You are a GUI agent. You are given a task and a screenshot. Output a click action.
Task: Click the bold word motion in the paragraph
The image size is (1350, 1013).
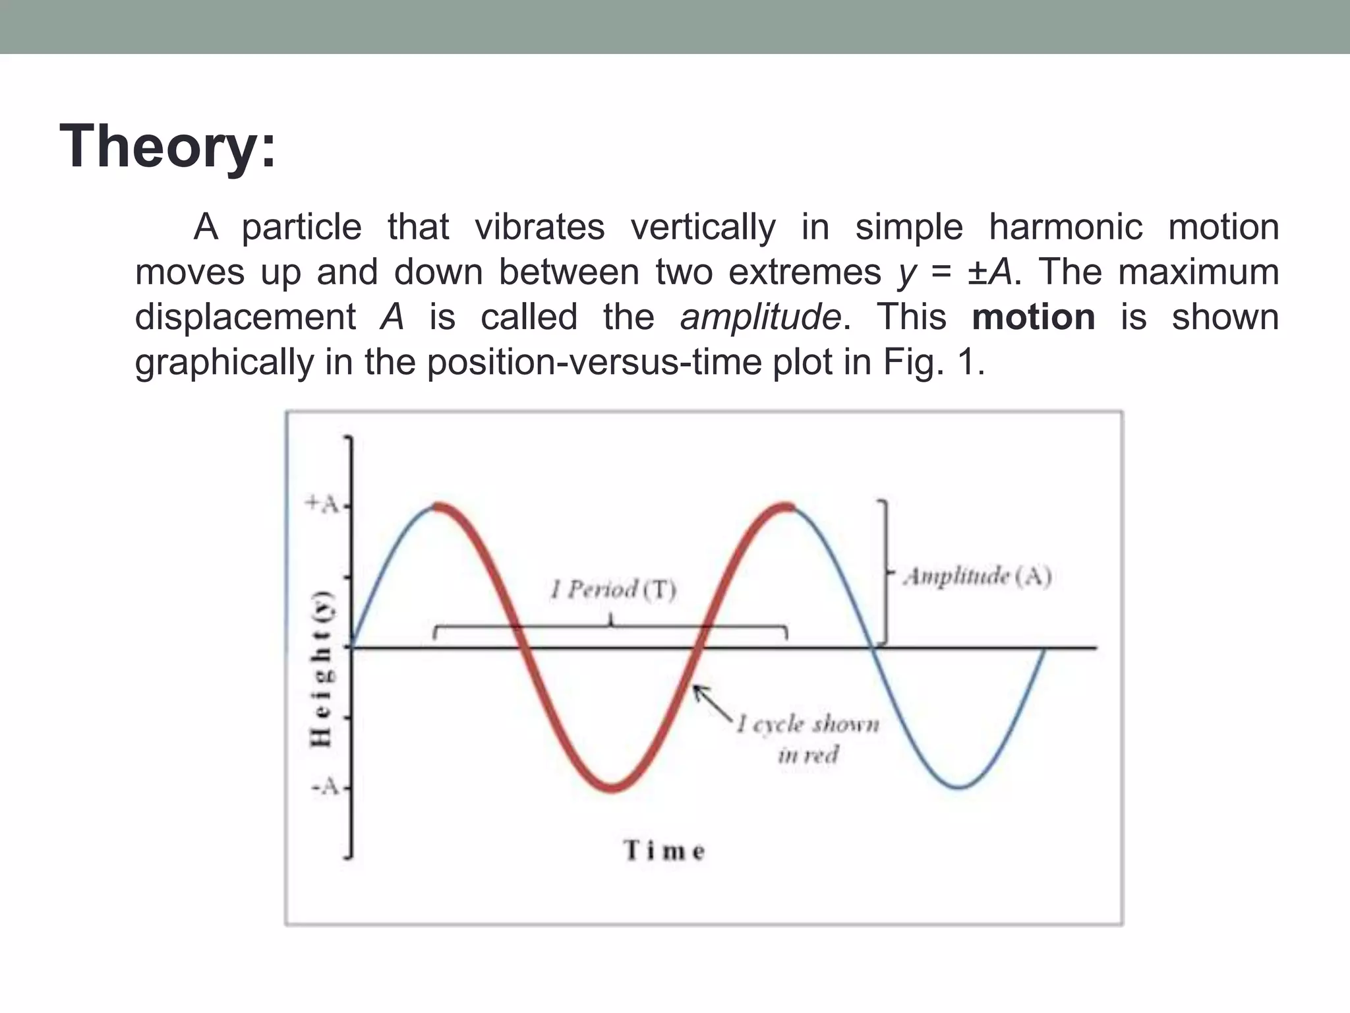[1033, 317]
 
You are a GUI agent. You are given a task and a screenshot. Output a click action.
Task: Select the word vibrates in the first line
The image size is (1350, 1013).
[539, 227]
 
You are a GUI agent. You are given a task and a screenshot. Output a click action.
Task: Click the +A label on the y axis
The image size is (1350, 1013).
[322, 505]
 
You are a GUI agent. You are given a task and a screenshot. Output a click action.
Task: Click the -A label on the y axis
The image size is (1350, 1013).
[324, 787]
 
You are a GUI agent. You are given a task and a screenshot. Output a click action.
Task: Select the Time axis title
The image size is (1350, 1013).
[664, 850]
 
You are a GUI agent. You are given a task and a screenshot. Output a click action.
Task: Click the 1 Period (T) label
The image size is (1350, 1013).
[614, 589]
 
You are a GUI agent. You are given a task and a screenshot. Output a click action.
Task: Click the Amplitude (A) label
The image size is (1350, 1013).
[977, 576]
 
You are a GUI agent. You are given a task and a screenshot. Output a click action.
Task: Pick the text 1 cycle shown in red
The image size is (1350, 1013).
[808, 739]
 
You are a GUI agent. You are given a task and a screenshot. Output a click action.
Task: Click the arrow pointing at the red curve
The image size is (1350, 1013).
[712, 703]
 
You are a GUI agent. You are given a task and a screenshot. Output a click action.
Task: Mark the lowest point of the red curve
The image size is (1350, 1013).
[612, 787]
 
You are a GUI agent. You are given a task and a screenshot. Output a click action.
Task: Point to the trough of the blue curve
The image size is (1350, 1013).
[959, 787]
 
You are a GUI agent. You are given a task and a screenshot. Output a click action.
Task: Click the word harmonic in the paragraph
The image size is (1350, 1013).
[1065, 227]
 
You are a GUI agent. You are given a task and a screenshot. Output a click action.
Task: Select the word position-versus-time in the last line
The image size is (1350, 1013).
[594, 362]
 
